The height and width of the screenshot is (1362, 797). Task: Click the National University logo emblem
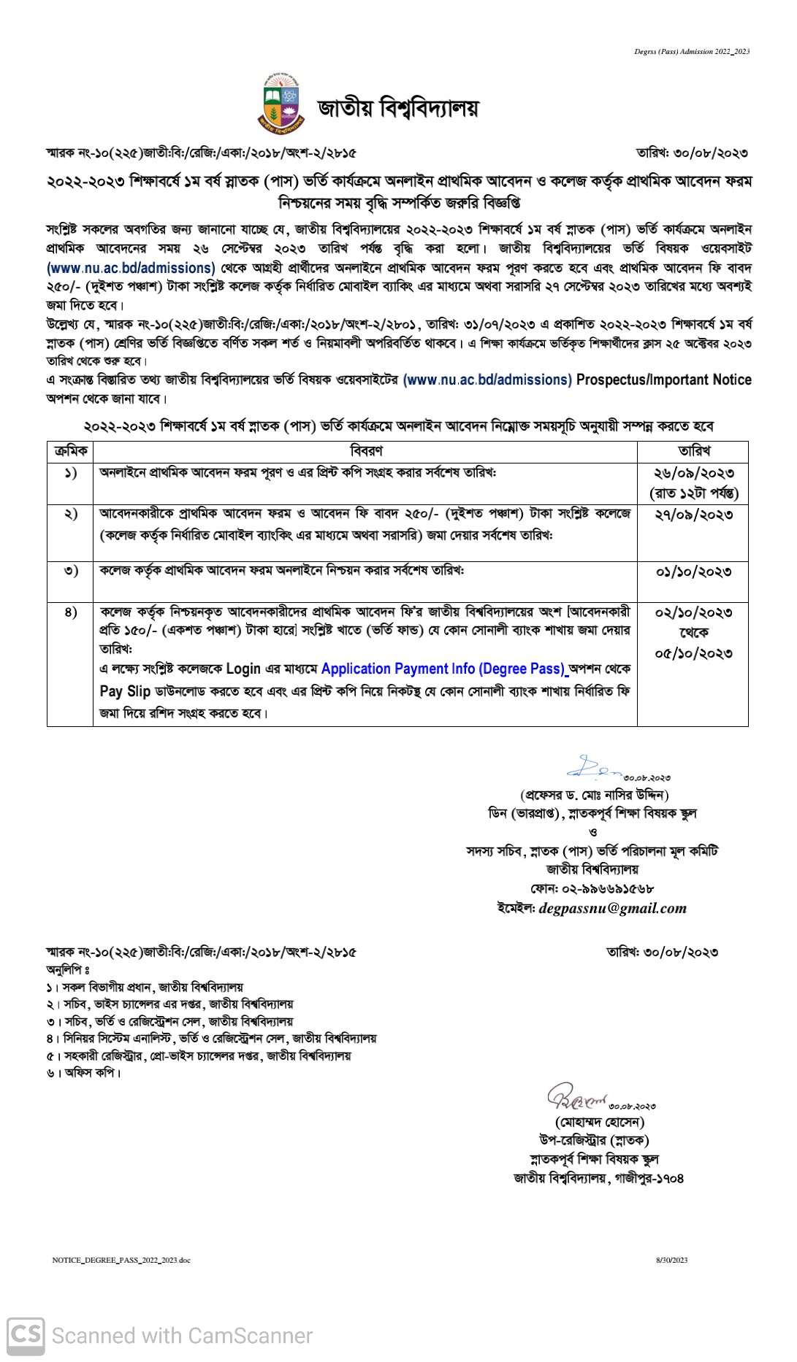point(281,105)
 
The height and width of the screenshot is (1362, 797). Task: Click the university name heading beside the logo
point(398,108)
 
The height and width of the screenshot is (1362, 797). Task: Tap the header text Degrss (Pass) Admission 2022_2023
point(692,51)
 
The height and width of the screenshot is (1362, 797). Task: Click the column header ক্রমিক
point(71,451)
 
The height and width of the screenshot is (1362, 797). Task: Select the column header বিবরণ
point(365,451)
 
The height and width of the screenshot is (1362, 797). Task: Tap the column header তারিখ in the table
point(693,451)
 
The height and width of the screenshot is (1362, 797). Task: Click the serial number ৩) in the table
point(71,571)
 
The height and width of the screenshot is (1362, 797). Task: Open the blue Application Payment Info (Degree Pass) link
point(443,669)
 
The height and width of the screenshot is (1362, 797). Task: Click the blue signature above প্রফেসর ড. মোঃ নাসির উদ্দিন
point(592,767)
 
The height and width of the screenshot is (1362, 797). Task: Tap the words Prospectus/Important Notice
point(663,380)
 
